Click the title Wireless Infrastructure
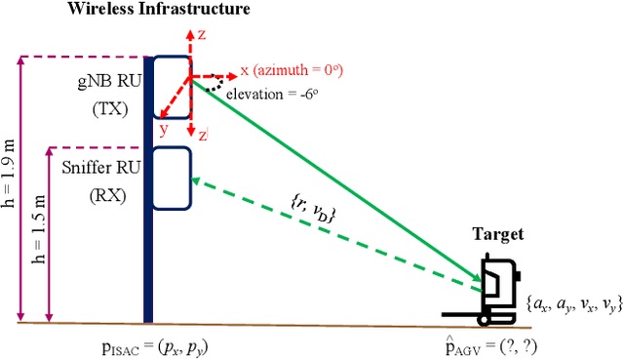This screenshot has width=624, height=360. (157, 10)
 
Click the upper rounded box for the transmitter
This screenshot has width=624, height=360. (171, 87)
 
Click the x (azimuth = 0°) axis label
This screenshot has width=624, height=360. (291, 72)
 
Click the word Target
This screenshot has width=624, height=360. (499, 234)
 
